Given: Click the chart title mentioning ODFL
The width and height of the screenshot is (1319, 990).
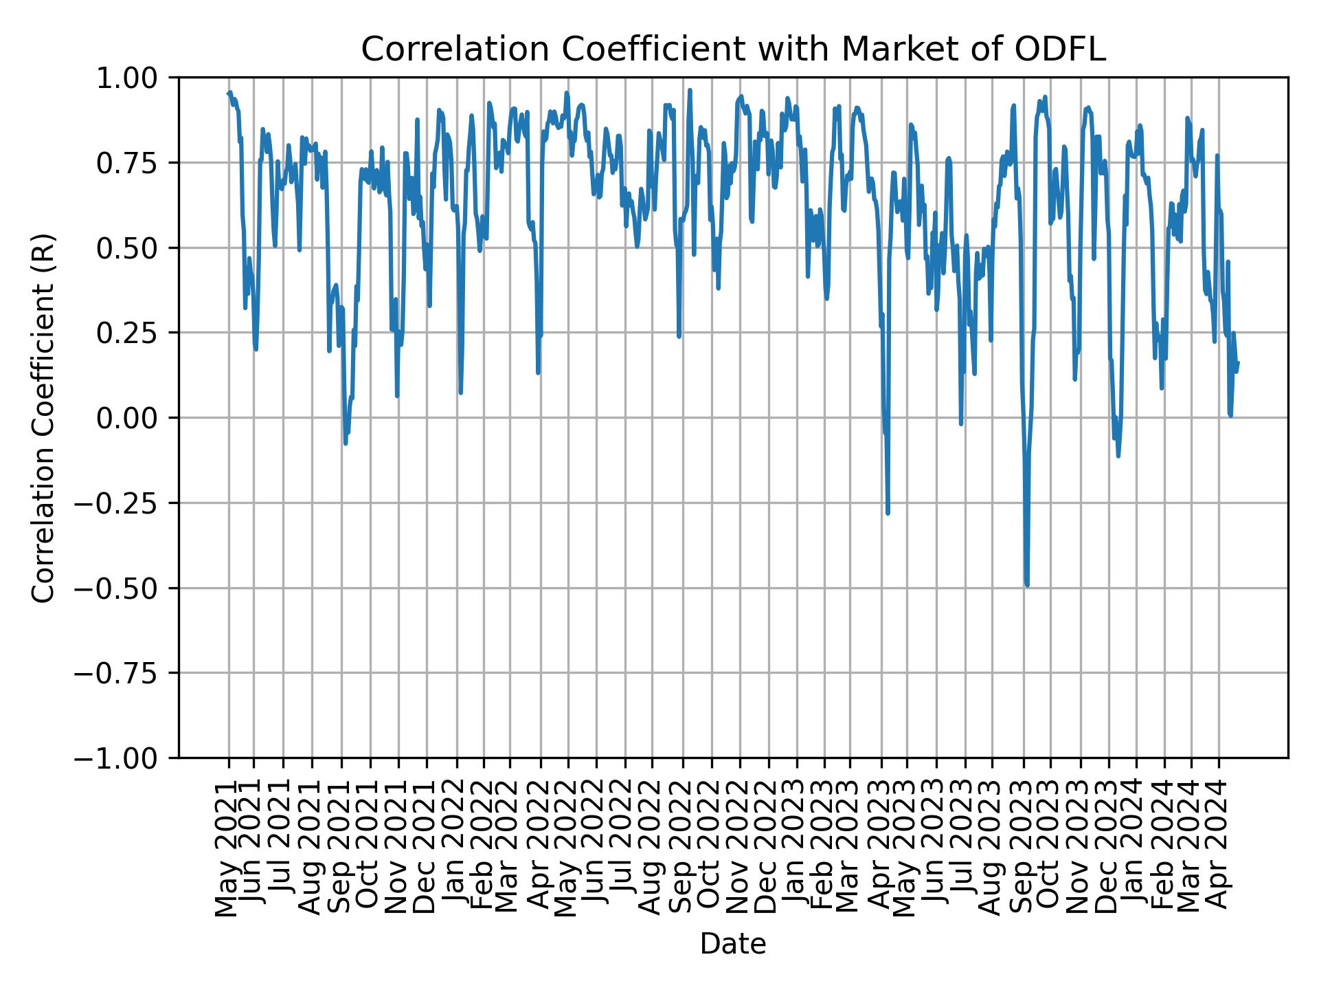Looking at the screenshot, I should click(733, 49).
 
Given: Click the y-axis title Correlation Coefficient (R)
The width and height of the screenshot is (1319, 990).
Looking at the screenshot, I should click(43, 417).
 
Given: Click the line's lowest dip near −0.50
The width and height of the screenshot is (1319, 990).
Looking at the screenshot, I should click(1027, 585).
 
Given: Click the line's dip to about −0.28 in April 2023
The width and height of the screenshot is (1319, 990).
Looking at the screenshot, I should click(888, 513).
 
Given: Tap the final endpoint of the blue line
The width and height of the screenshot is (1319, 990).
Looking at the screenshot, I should click(1238, 362).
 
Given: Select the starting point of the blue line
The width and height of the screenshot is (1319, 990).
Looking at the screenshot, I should click(229, 93).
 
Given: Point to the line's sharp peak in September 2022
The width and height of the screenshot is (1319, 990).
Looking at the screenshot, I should click(690, 90).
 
